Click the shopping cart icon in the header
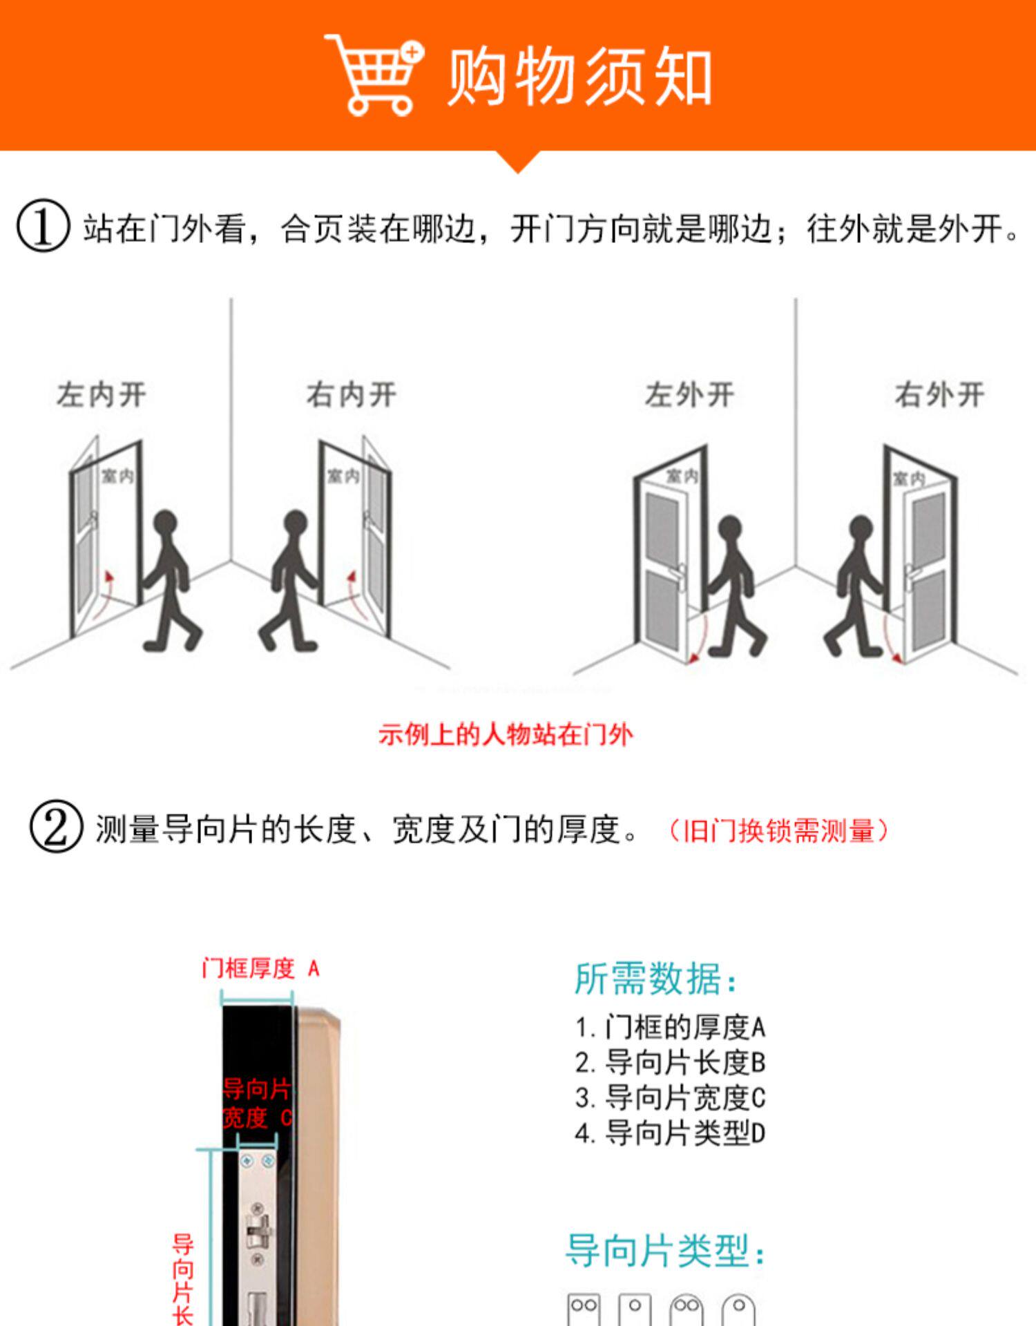(x=373, y=75)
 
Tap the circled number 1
(x=43, y=226)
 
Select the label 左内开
(x=102, y=395)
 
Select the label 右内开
(x=352, y=395)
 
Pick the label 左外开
(x=689, y=395)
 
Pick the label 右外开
(x=939, y=395)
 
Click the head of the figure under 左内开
(x=165, y=523)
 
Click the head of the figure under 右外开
(x=861, y=528)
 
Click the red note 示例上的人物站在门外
(x=506, y=735)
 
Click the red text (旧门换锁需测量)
(x=778, y=830)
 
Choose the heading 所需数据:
(x=655, y=979)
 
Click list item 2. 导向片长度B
(x=670, y=1063)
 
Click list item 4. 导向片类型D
(x=670, y=1133)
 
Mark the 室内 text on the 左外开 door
(x=682, y=476)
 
